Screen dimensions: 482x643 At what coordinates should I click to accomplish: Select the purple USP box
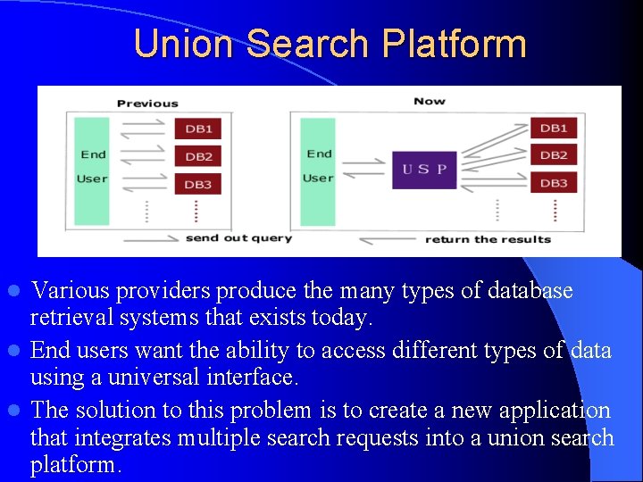click(x=424, y=170)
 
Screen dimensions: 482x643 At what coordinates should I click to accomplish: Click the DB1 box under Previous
click(x=198, y=129)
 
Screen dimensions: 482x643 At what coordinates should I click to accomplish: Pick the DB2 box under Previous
click(x=198, y=157)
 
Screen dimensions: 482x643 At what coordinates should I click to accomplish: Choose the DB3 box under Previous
click(x=198, y=185)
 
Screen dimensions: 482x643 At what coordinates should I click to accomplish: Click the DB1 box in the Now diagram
click(x=554, y=128)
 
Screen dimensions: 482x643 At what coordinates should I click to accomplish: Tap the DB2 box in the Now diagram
click(x=554, y=155)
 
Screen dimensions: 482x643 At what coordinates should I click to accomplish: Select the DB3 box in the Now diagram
click(x=554, y=183)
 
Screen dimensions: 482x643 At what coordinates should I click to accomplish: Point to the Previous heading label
click(x=147, y=104)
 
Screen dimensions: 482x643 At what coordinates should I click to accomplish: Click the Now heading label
click(x=430, y=101)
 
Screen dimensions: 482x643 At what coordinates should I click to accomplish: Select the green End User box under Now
click(x=318, y=170)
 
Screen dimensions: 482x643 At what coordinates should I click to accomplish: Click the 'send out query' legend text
click(x=238, y=238)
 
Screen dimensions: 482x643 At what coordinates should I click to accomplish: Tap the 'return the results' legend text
click(x=488, y=239)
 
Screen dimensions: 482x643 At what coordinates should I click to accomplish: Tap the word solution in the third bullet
click(x=115, y=411)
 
